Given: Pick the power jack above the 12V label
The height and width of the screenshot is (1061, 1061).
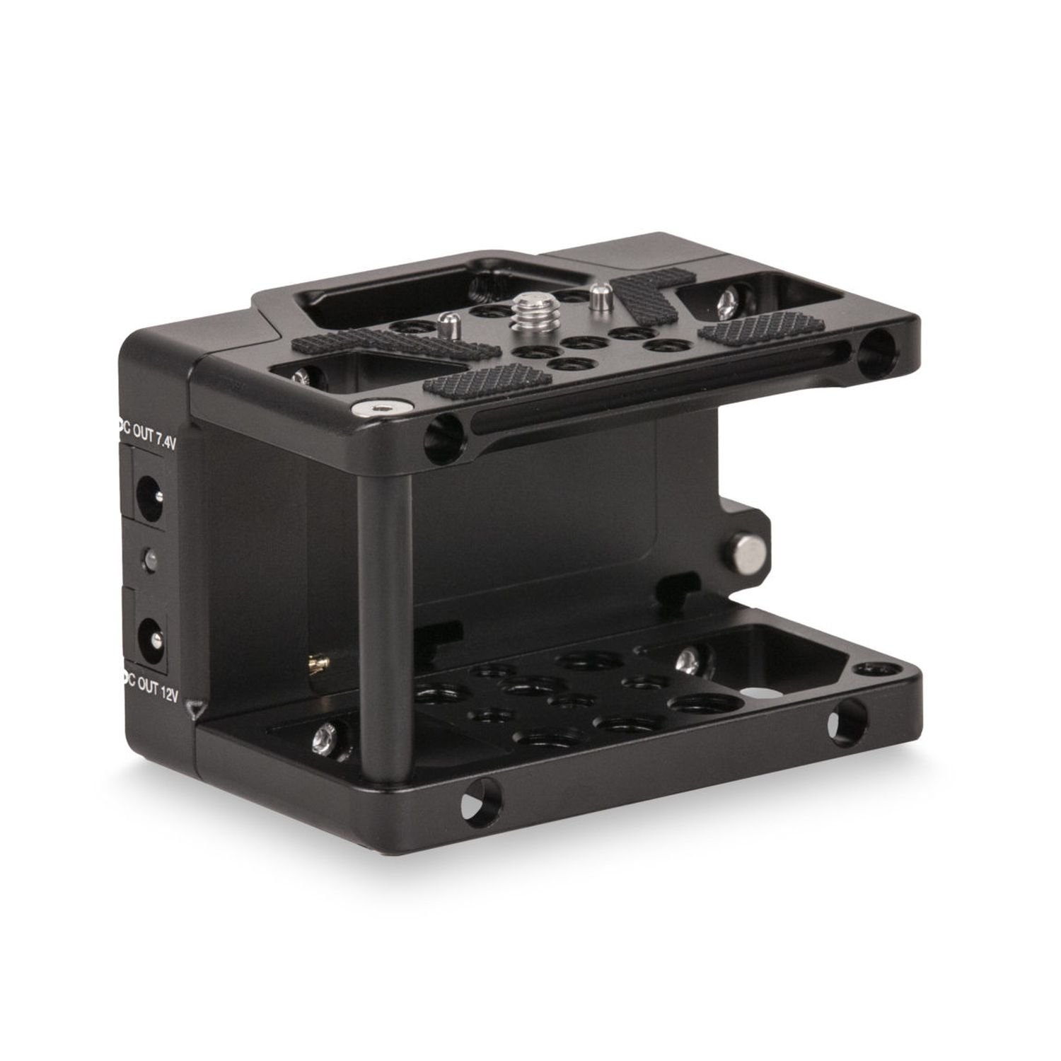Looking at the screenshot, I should (x=149, y=631).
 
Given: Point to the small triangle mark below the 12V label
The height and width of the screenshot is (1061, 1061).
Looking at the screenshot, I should (x=192, y=707).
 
